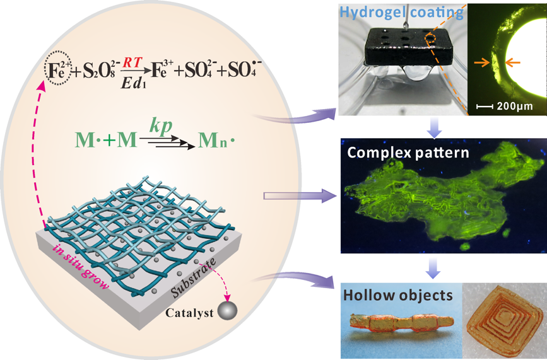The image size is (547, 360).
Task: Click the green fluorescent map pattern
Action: click(429, 195)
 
